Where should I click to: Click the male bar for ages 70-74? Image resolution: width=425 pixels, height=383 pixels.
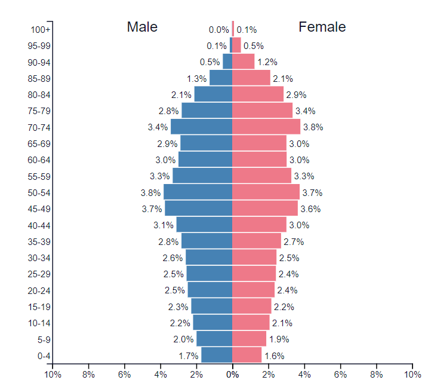pos(201,127)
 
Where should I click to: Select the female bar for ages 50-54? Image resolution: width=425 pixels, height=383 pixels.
pos(266,192)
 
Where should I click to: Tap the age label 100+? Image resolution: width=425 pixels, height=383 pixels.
pos(41,29)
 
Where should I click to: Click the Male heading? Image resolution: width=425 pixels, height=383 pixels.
pos(142,27)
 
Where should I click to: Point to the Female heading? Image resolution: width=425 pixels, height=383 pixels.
pos(322,27)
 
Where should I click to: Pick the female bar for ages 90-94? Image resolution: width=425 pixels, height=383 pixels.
pos(244,62)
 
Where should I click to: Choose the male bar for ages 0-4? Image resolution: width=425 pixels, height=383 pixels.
pos(217,355)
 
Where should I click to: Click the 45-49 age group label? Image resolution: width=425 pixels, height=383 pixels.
pos(39,209)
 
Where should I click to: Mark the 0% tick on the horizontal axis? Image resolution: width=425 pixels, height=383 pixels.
pos(233,374)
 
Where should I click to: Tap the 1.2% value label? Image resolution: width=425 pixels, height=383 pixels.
pos(267,62)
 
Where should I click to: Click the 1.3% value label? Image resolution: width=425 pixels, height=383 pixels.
pos(196,78)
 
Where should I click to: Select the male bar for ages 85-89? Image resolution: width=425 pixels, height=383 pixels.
pos(221,78)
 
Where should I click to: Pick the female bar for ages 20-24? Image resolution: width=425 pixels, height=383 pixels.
pos(253,290)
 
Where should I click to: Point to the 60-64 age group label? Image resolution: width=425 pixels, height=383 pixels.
pos(39,160)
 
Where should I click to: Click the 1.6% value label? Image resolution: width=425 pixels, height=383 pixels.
pos(274,356)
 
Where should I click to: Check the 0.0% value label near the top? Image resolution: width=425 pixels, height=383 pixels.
pos(218,29)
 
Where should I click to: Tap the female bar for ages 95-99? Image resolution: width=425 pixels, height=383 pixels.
pos(236,45)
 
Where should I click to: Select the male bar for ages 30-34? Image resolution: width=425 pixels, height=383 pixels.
pos(209,258)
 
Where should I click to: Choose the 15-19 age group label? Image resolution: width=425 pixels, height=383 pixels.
pos(39,307)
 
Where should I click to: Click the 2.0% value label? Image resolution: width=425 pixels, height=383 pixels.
pos(184,339)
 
